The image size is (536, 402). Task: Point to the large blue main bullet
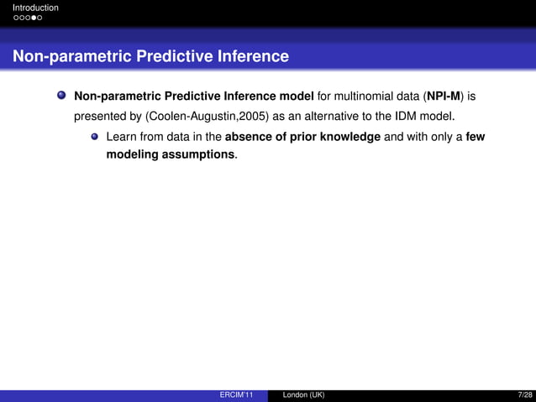tap(61, 96)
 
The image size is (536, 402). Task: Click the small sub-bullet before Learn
tap(95, 136)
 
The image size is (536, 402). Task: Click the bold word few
tap(475, 136)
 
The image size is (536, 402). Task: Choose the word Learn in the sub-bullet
tap(121, 136)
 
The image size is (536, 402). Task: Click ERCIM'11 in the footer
tap(236, 395)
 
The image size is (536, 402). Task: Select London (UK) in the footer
tap(303, 395)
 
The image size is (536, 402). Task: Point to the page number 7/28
tap(525, 395)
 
